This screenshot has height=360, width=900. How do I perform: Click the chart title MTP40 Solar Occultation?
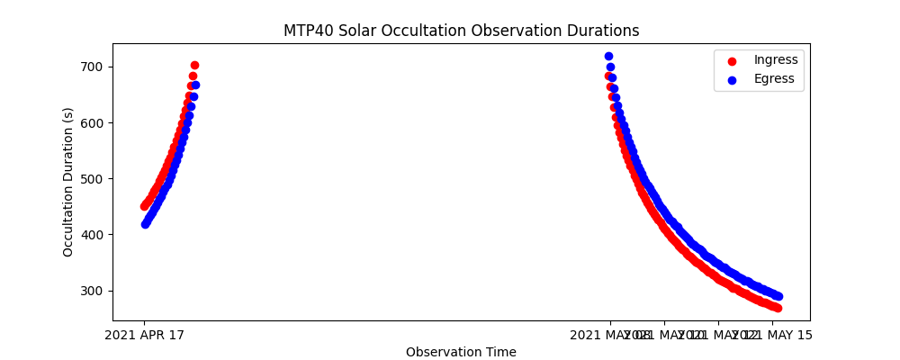click(461, 31)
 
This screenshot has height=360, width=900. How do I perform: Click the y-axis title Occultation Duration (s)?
click(68, 182)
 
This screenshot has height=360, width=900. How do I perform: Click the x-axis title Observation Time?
click(461, 352)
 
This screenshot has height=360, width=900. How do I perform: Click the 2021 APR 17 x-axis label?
click(144, 335)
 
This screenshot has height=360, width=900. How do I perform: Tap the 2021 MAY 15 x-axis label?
click(771, 335)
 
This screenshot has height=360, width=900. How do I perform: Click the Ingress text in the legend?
click(776, 60)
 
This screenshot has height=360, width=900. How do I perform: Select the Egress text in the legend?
click(774, 78)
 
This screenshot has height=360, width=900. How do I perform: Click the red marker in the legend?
click(732, 61)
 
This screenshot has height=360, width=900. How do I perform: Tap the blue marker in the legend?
click(732, 79)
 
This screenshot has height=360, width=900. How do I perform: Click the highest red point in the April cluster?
click(194, 65)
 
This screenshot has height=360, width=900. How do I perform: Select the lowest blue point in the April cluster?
click(145, 224)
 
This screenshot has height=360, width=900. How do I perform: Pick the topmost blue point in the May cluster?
click(608, 56)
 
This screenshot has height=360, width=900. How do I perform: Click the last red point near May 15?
click(777, 308)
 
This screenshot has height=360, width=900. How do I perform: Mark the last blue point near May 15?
click(778, 296)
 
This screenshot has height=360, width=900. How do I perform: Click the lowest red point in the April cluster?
click(144, 206)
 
